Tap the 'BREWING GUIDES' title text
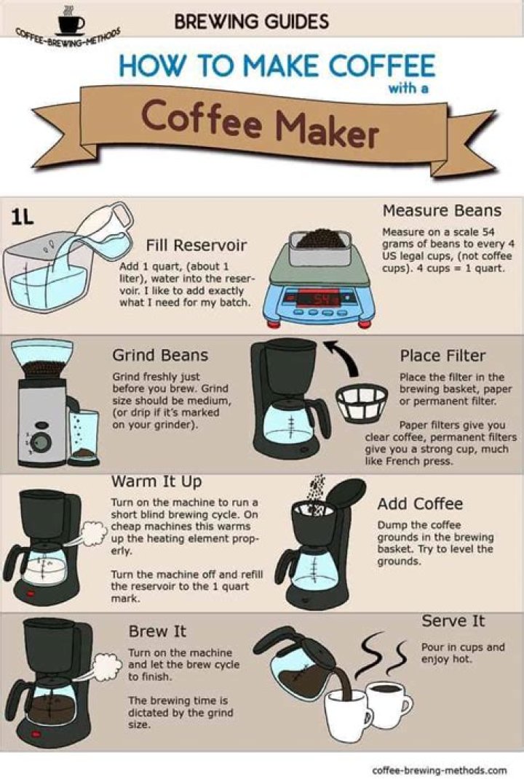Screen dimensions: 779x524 pos(251,22)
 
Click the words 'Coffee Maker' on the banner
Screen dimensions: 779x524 pos(260,124)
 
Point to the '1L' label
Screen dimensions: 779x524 pos(21,217)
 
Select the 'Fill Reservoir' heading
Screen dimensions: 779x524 pos(196,244)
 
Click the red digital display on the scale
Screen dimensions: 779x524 pos(321,300)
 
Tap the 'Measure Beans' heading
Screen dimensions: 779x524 pos(442,211)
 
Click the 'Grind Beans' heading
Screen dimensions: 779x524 pos(159,356)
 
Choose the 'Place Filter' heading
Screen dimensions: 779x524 pos(442,356)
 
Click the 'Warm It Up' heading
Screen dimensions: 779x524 pos(156,482)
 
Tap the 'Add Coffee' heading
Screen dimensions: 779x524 pos(420,504)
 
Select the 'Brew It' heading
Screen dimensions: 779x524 pos(157,631)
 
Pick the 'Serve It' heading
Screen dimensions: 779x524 pos(453,621)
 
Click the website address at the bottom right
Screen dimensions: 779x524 pos(439,770)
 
